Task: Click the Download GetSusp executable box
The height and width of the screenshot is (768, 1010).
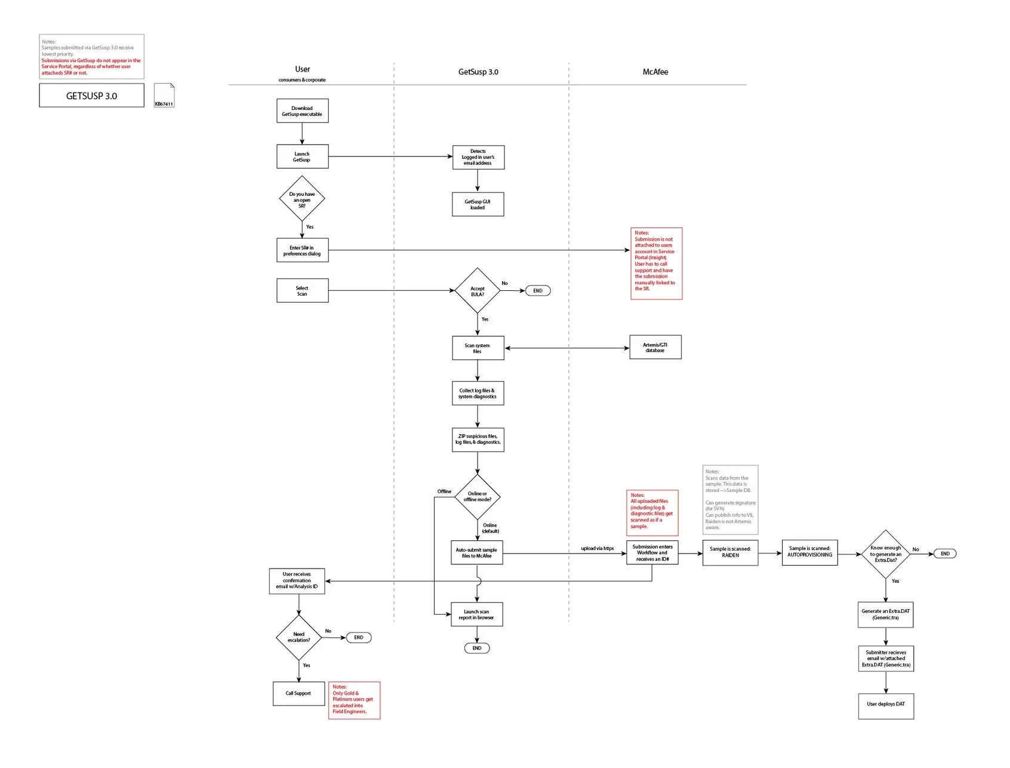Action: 302,111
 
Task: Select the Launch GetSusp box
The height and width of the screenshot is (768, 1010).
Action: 302,156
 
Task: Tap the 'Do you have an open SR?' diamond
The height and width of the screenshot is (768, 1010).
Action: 302,199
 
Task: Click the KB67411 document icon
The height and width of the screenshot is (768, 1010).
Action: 164,96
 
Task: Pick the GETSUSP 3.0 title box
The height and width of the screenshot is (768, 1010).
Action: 91,96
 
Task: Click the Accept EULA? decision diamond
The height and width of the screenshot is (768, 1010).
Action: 477,291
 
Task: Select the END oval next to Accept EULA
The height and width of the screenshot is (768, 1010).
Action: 537,291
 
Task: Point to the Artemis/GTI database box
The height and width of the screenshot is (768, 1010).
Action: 655,347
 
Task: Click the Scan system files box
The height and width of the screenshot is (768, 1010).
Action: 478,348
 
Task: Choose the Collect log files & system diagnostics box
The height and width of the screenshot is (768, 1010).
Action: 478,394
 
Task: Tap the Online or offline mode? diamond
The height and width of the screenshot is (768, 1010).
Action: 477,497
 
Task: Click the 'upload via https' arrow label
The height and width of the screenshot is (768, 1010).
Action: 597,548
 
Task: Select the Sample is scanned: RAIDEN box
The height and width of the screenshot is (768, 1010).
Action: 730,552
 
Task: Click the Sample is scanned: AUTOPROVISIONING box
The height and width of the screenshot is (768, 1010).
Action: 809,552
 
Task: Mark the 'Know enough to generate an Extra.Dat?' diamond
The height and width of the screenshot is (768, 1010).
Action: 885,554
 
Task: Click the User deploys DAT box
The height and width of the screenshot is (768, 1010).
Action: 886,705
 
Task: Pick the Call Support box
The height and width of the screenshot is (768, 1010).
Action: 298,693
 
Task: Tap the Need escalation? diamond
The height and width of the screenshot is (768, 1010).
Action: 298,637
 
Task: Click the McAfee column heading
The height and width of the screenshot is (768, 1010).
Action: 655,72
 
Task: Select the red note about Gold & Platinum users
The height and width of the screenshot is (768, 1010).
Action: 354,700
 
